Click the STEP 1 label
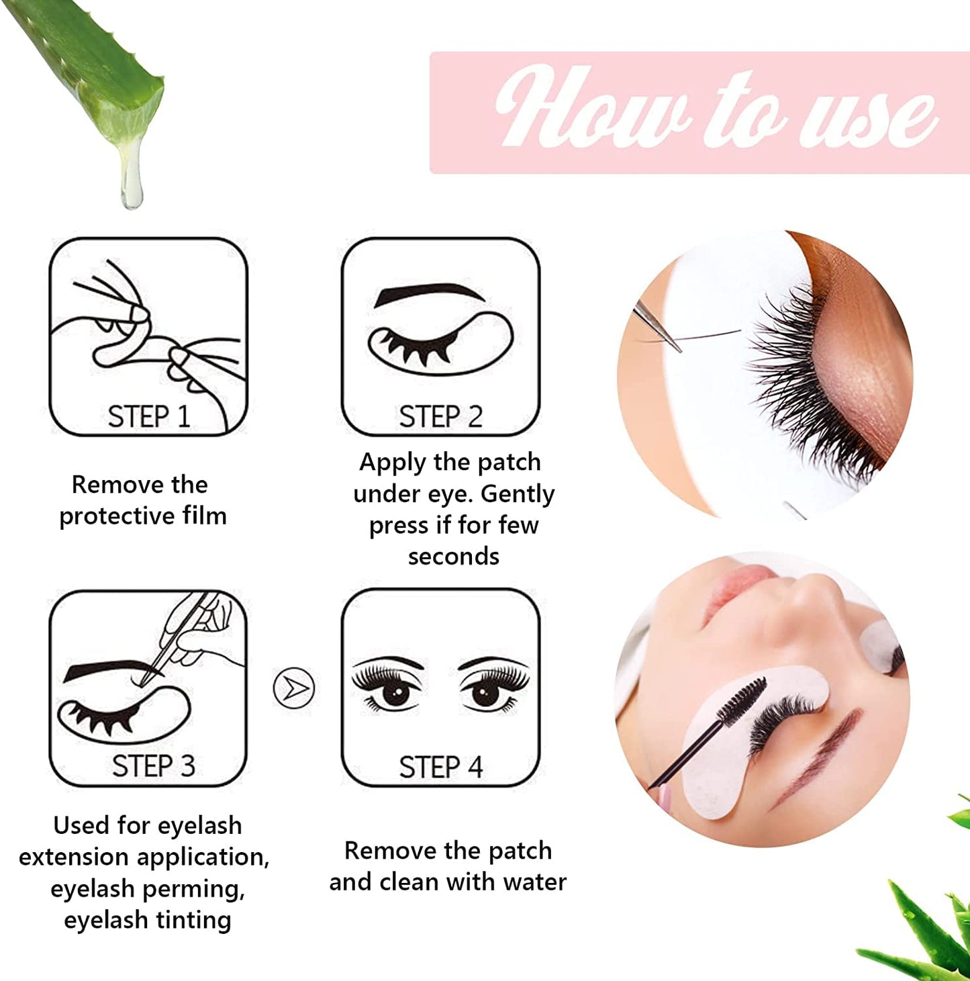[x=148, y=416]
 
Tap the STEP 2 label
[x=440, y=416]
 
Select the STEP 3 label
[x=153, y=766]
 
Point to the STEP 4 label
[x=440, y=767]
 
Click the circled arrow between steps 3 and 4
[x=294, y=688]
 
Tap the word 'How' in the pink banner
[x=591, y=107]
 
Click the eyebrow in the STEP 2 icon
[x=430, y=294]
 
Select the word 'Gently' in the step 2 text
[x=518, y=494]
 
